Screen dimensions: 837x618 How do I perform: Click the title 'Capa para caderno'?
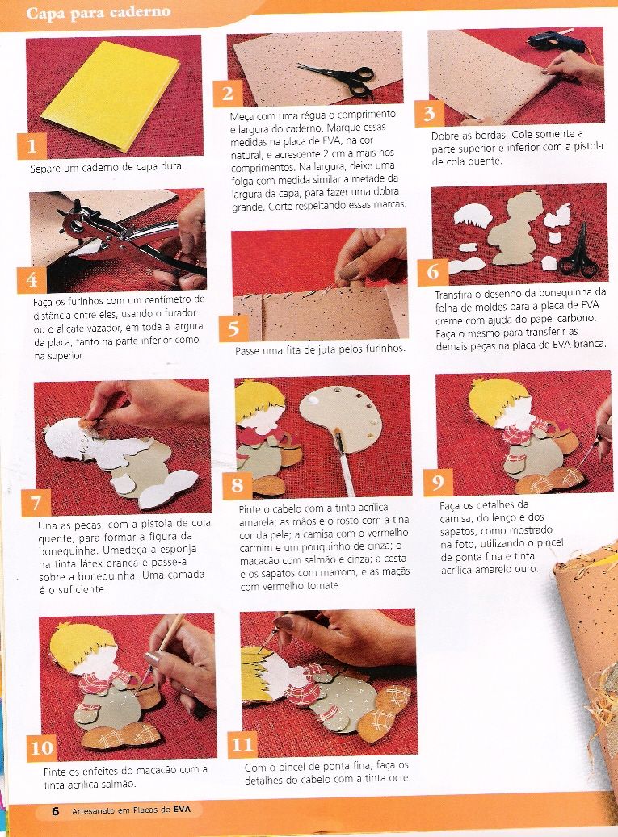point(98,12)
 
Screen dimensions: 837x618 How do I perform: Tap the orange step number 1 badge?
point(32,146)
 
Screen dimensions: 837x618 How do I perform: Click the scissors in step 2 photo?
point(338,75)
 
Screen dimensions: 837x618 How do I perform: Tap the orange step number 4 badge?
point(32,280)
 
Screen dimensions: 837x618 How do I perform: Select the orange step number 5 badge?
point(234,329)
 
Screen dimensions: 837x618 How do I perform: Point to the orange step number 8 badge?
point(237,485)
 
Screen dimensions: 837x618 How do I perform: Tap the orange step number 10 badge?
point(41,748)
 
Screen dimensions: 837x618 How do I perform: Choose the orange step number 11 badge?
point(242,744)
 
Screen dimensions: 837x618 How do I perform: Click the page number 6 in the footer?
point(55,811)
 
